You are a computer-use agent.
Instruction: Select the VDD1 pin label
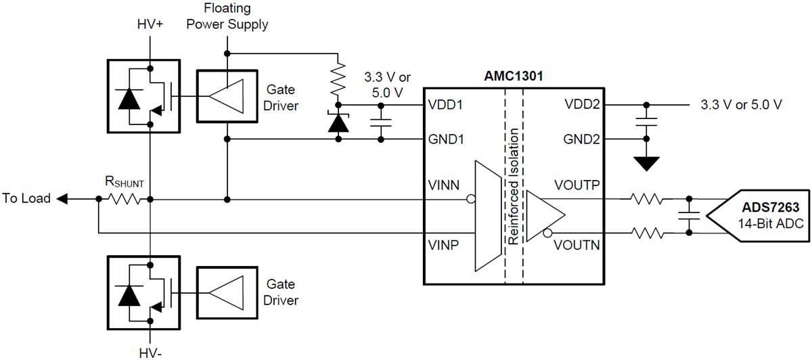445,106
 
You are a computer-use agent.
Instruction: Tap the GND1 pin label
445,140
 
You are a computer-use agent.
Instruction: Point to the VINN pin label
444,185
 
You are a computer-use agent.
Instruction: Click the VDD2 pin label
581,105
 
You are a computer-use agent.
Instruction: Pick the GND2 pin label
581,140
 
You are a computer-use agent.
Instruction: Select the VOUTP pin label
577,185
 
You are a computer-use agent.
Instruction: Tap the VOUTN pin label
577,244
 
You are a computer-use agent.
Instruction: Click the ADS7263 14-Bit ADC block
758,216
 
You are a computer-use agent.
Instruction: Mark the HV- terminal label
149,351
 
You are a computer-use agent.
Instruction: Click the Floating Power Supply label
227,17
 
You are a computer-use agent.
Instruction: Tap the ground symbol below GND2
648,162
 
